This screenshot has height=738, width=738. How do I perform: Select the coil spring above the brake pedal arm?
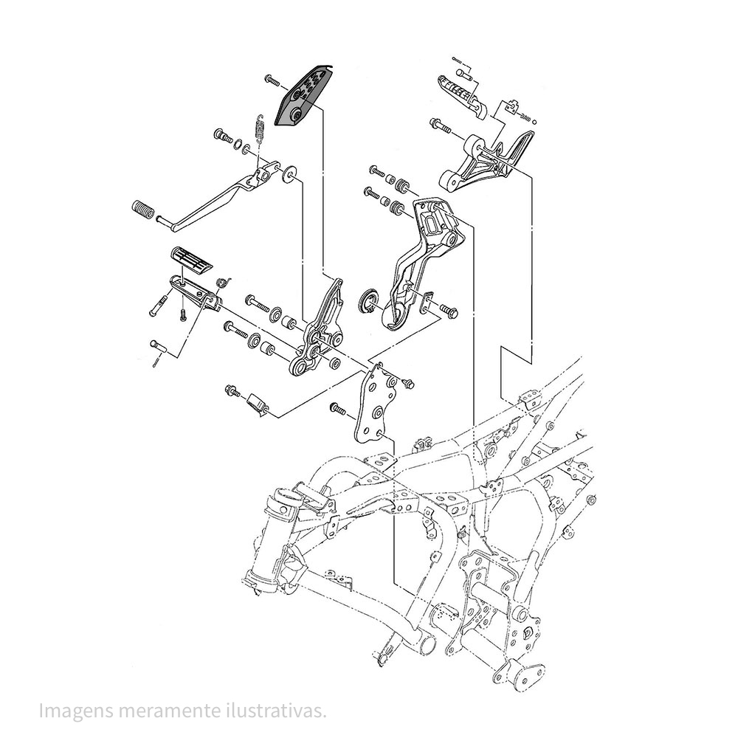258,128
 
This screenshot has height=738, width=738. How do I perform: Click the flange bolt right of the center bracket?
449,311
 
